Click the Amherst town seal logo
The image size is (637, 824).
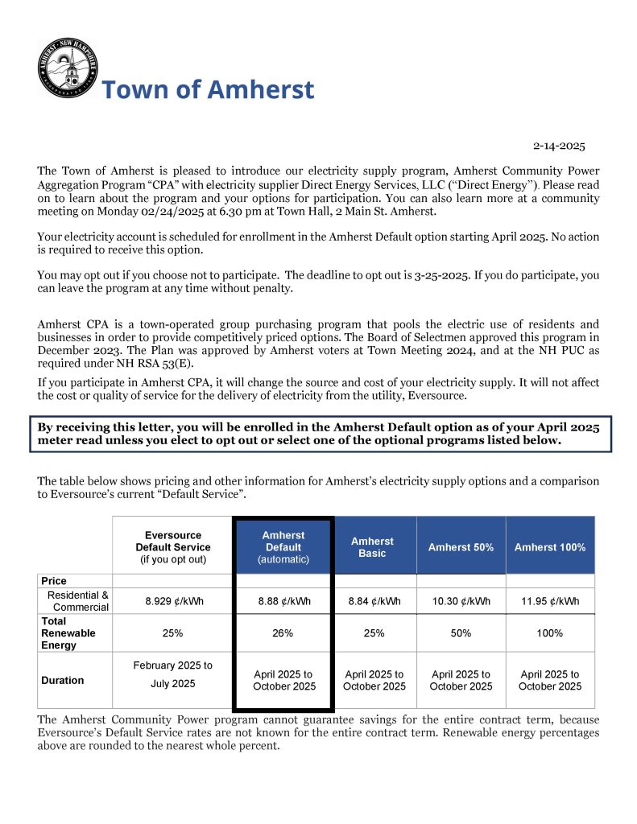pos(68,68)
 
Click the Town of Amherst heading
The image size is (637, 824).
pos(208,89)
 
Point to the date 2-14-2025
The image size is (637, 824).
pos(559,146)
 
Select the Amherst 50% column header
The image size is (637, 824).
pos(461,547)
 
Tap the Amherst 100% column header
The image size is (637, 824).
pos(550,547)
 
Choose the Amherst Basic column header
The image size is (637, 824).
pos(372,547)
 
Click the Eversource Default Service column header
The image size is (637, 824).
pos(173,546)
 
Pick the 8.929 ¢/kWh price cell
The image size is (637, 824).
pos(172,601)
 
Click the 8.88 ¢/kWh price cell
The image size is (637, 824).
pos(283,601)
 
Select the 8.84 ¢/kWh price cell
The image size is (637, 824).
pos(373,601)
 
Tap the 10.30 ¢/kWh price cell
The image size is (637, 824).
pos(461,601)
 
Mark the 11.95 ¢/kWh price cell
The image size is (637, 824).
pos(550,601)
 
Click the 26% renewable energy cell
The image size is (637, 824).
pos(283,633)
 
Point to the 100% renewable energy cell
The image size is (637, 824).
pos(550,633)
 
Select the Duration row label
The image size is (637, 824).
pos(63,681)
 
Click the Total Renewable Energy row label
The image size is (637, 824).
pos(68,633)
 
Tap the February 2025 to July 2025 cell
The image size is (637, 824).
pos(172,675)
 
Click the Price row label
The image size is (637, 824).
pos(54,581)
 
